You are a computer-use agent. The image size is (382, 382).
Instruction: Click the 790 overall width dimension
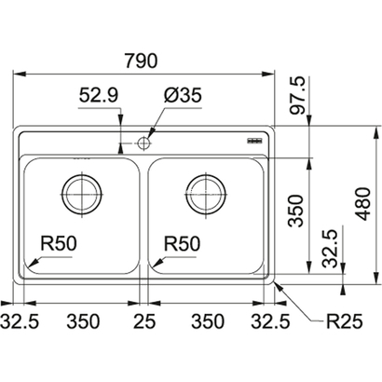(141, 61)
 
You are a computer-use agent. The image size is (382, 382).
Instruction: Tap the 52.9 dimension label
(99, 95)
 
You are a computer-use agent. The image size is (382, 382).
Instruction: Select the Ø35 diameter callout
(183, 95)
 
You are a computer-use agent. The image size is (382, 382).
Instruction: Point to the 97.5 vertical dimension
(298, 96)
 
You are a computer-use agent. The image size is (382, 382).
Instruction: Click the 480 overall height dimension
(362, 203)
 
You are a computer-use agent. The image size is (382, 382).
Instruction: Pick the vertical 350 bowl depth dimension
(295, 211)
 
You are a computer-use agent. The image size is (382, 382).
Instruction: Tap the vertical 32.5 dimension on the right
(330, 249)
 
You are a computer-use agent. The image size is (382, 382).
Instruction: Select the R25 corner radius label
(344, 321)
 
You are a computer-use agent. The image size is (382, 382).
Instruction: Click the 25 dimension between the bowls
(144, 321)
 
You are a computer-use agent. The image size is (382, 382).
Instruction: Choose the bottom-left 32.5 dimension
(20, 321)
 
